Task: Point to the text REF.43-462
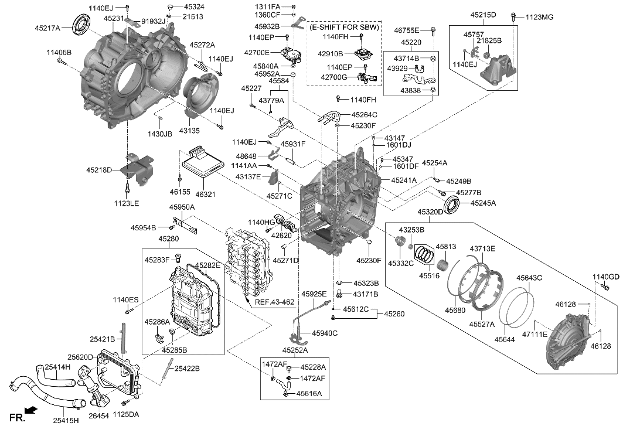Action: click(274, 302)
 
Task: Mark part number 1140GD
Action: click(605, 277)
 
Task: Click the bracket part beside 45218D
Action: click(138, 168)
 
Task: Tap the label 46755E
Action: click(406, 29)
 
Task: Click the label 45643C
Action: click(529, 278)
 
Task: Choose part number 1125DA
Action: click(126, 415)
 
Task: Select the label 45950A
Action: click(182, 207)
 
